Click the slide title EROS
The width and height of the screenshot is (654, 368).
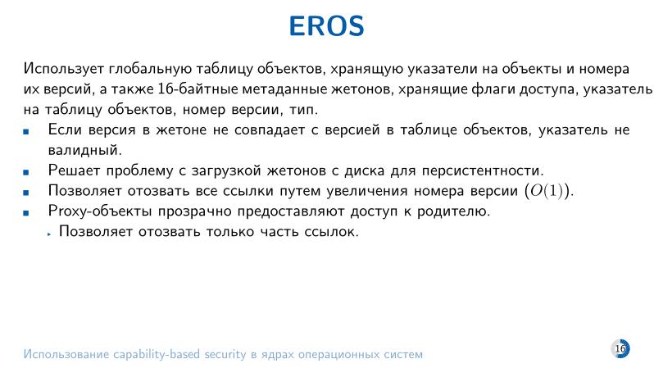326,25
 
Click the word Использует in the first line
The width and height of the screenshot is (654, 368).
62,68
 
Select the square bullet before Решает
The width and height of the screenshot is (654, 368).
27,171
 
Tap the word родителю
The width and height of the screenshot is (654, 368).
455,211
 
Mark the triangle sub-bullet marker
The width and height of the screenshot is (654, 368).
49,234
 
